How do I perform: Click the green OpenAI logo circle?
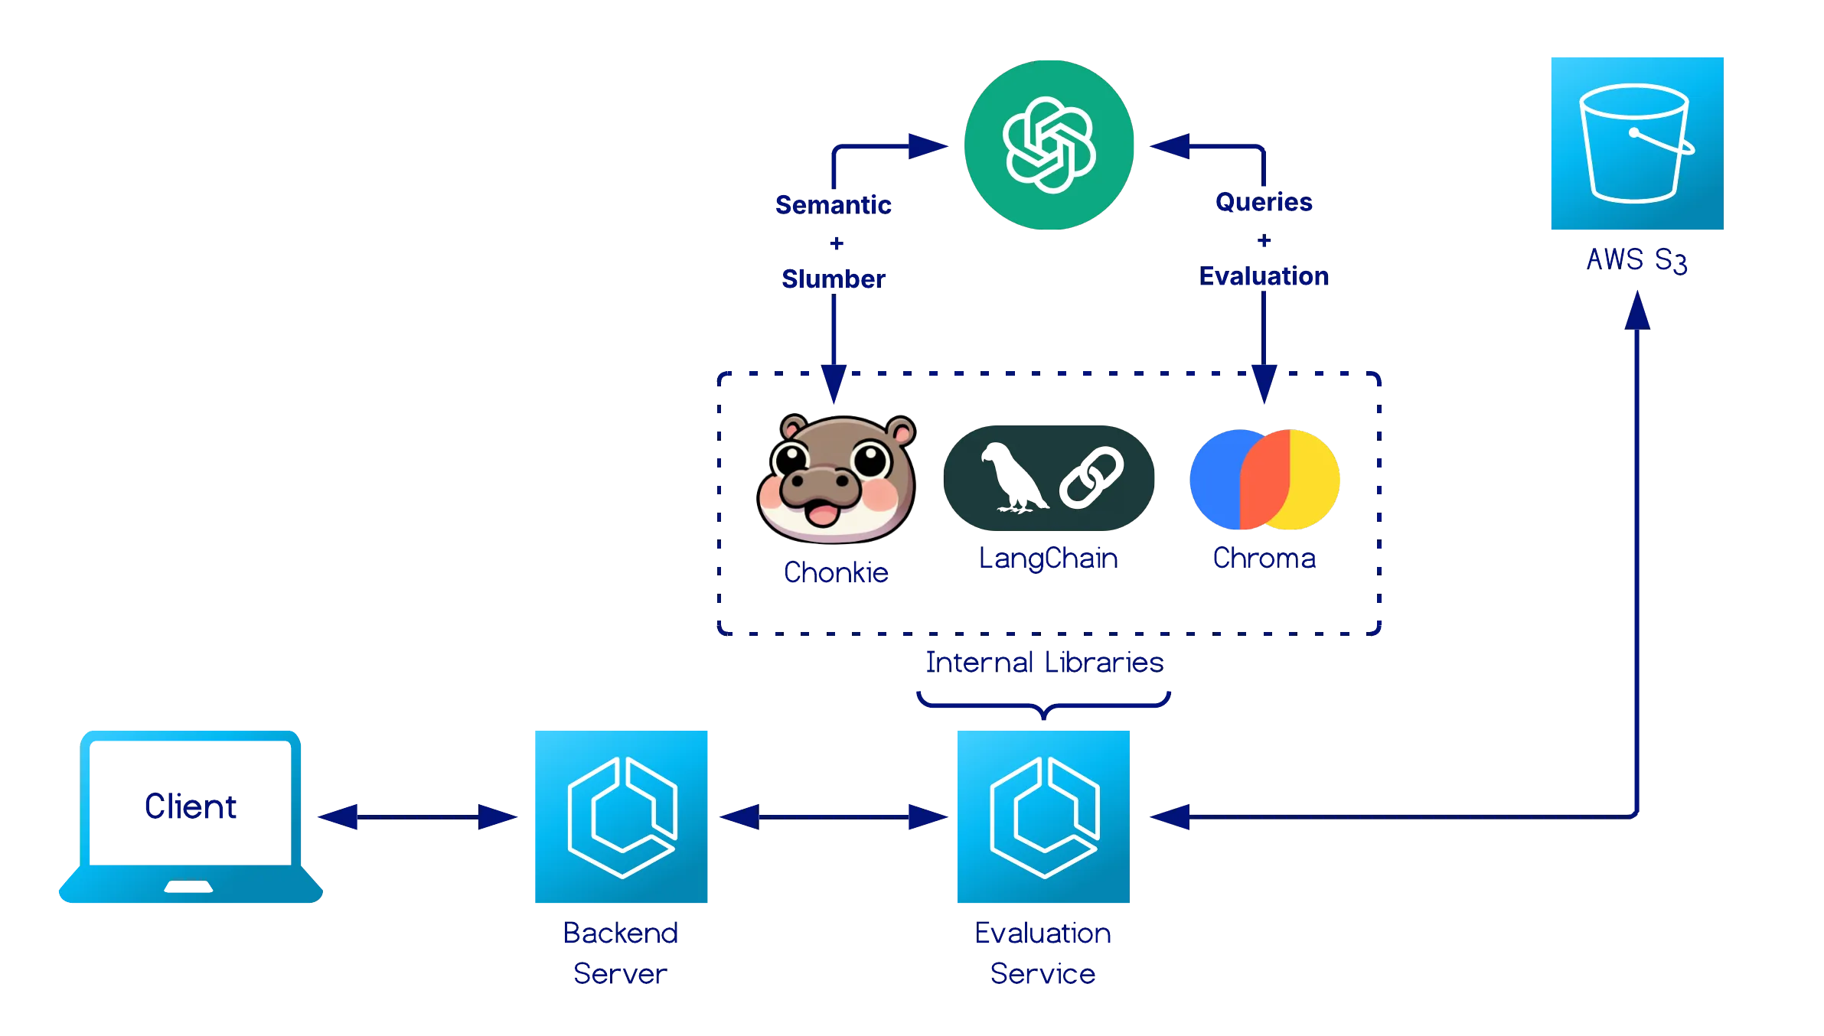1049,145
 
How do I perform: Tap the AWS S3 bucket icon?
1637,144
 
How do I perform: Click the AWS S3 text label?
1636,260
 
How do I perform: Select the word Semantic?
834,204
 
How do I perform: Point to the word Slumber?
834,279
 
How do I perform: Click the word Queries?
1264,202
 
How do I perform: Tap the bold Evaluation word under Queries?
1264,276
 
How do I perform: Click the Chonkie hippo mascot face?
837,479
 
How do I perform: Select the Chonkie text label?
836,572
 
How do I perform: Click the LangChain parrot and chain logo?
1049,478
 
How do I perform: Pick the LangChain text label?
1049,558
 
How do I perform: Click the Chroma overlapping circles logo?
1264,480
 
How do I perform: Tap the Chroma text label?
1264,558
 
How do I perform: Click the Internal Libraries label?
1044,662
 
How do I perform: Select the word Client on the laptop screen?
191,806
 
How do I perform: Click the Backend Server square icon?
621,816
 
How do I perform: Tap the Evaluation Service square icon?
1043,816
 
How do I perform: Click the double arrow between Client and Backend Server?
417,816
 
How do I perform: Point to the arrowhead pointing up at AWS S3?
1636,312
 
